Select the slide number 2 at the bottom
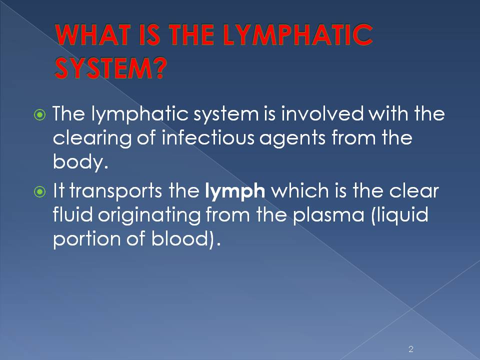(x=411, y=349)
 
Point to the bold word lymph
(x=235, y=192)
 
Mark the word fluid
(x=73, y=215)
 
